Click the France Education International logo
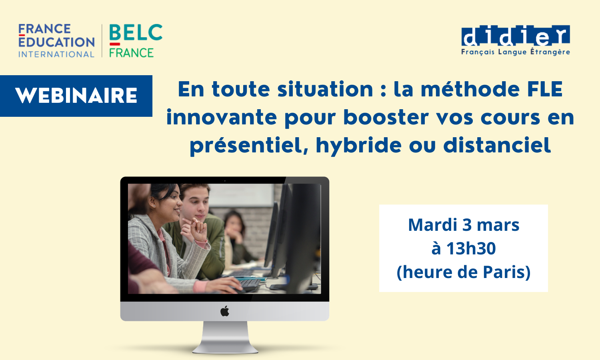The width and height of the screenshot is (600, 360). point(56,41)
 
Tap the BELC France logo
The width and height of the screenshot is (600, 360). point(135,41)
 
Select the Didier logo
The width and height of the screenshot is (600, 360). point(515,36)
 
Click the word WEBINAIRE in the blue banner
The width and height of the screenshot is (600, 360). point(76,96)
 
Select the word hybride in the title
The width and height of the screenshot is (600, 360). point(358,145)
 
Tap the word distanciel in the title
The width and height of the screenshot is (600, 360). point(497,145)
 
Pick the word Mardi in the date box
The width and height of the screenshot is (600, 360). point(433,225)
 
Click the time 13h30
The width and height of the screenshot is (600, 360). point(471,248)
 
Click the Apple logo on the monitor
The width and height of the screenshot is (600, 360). point(225,311)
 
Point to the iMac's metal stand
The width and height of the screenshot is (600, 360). point(225,336)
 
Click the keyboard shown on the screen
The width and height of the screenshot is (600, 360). point(248,284)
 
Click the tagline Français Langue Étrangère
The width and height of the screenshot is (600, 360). point(515,52)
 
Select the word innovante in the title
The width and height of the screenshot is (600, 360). point(221,118)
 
